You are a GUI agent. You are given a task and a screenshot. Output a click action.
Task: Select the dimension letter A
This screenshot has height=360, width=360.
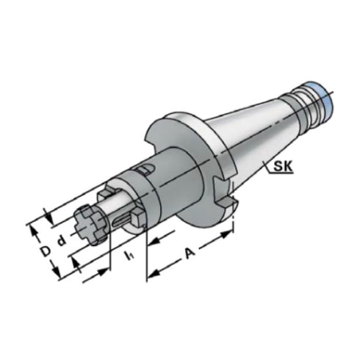(x=190, y=253)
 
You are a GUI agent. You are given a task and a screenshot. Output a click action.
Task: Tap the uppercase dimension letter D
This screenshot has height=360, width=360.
(x=45, y=251)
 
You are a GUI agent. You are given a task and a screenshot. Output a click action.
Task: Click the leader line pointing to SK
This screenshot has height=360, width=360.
(x=264, y=163)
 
